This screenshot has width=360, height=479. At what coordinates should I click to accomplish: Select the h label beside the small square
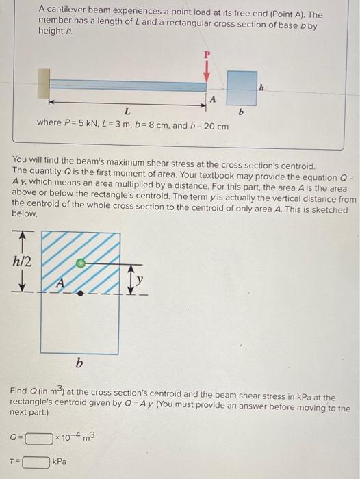tap(261, 87)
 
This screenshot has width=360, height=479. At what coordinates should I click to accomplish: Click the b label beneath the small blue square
tap(241, 111)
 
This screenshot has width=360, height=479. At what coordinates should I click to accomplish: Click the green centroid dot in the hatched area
tap(81, 262)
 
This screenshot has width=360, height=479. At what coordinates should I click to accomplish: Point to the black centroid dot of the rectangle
tap(81, 292)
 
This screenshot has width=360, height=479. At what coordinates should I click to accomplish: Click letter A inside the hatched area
tap(60, 282)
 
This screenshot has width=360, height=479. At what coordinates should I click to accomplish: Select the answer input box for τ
tap(36, 463)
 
